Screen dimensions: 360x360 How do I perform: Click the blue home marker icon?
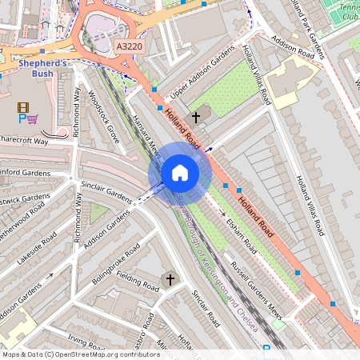(x=180, y=173)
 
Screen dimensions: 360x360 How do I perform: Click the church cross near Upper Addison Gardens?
(x=196, y=117)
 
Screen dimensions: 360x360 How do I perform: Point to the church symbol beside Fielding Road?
(x=169, y=279)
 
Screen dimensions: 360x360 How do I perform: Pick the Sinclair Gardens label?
(x=106, y=192)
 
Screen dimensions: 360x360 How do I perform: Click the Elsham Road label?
(x=240, y=232)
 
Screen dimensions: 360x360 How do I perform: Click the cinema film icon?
(x=22, y=107)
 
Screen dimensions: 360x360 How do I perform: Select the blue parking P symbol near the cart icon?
(x=22, y=119)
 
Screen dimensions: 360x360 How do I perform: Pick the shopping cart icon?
(x=33, y=119)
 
